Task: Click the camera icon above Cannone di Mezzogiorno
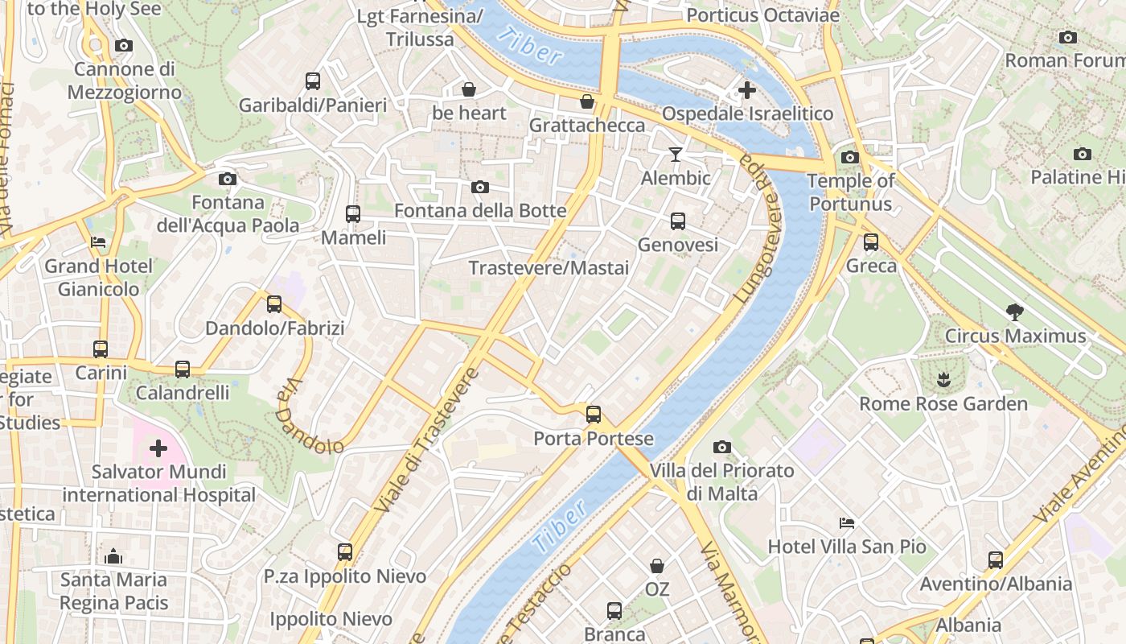pos(123,46)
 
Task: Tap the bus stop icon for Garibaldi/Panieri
pos(313,81)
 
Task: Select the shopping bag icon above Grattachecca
pos(587,102)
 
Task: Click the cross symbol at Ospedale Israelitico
pos(747,90)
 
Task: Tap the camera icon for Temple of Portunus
pos(850,157)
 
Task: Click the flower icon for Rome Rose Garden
pos(943,379)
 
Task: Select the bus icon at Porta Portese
pos(594,415)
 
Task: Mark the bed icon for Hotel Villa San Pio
pos(846,523)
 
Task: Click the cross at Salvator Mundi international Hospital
pos(158,448)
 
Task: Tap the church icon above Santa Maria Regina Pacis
pos(113,556)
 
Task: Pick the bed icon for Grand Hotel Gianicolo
pos(98,242)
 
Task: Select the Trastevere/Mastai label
pos(549,268)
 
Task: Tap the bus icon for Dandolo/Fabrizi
pos(274,304)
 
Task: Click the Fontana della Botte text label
pos(480,211)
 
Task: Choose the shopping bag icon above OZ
pos(657,566)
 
